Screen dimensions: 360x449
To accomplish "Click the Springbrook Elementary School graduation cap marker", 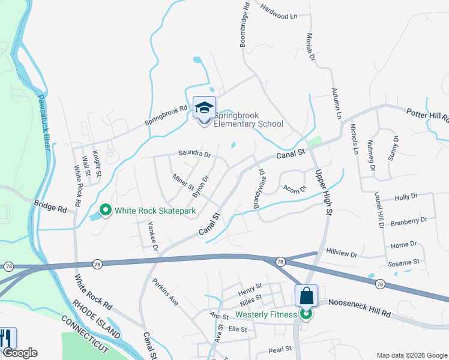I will coord(204,108).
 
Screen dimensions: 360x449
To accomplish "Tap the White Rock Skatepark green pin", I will coord(106,210).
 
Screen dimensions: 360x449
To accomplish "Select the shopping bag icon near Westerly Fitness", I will coord(306,296).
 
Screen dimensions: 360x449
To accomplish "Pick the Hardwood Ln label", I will coord(279,11).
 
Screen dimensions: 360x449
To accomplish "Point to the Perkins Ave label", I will coord(165,293).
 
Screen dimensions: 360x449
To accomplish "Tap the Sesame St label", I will coord(403,263).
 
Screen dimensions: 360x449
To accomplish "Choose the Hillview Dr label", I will coord(345,250).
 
